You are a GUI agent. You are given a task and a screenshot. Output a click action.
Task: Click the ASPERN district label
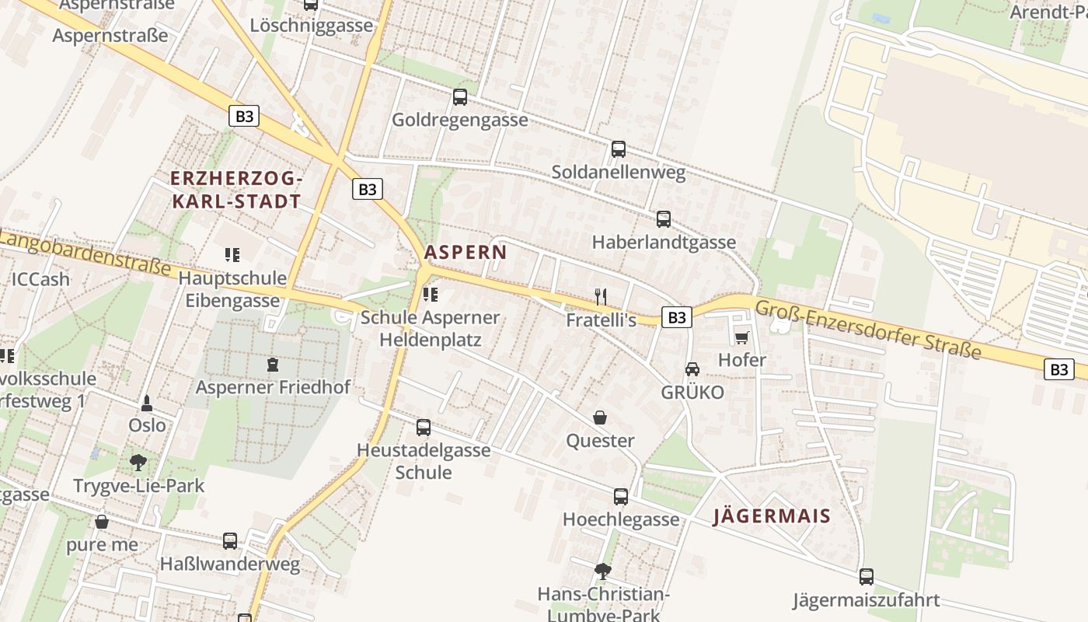pos(466,252)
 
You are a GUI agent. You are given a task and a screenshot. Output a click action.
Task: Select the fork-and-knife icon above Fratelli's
pos(600,295)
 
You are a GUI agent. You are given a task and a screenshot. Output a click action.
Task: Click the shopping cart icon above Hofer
pos(741,337)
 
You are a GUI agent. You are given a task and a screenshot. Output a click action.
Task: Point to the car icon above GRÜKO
pos(692,369)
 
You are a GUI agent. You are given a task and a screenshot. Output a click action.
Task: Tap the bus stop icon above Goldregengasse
pos(460,97)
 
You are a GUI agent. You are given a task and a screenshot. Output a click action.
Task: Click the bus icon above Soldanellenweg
pos(619,149)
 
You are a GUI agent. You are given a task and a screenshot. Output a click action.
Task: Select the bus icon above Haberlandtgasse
pos(664,219)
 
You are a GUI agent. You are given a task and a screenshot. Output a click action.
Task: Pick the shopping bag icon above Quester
pos(600,418)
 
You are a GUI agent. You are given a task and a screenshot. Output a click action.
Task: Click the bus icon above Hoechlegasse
pos(620,496)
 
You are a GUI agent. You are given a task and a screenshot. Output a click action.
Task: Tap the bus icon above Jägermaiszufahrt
pos(866,577)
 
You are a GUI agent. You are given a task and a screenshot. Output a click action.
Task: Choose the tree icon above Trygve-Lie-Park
pos(138,463)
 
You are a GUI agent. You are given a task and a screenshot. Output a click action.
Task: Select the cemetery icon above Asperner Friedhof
pos(273,364)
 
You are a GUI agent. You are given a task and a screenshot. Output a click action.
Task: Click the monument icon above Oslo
pos(147,403)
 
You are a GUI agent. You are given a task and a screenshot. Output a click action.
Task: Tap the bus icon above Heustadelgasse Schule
pos(424,427)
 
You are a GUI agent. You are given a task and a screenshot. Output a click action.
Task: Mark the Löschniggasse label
pos(312,25)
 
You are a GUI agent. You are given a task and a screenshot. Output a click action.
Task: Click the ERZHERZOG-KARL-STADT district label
pos(235,190)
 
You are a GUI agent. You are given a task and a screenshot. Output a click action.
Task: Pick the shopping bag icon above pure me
pos(102,521)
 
